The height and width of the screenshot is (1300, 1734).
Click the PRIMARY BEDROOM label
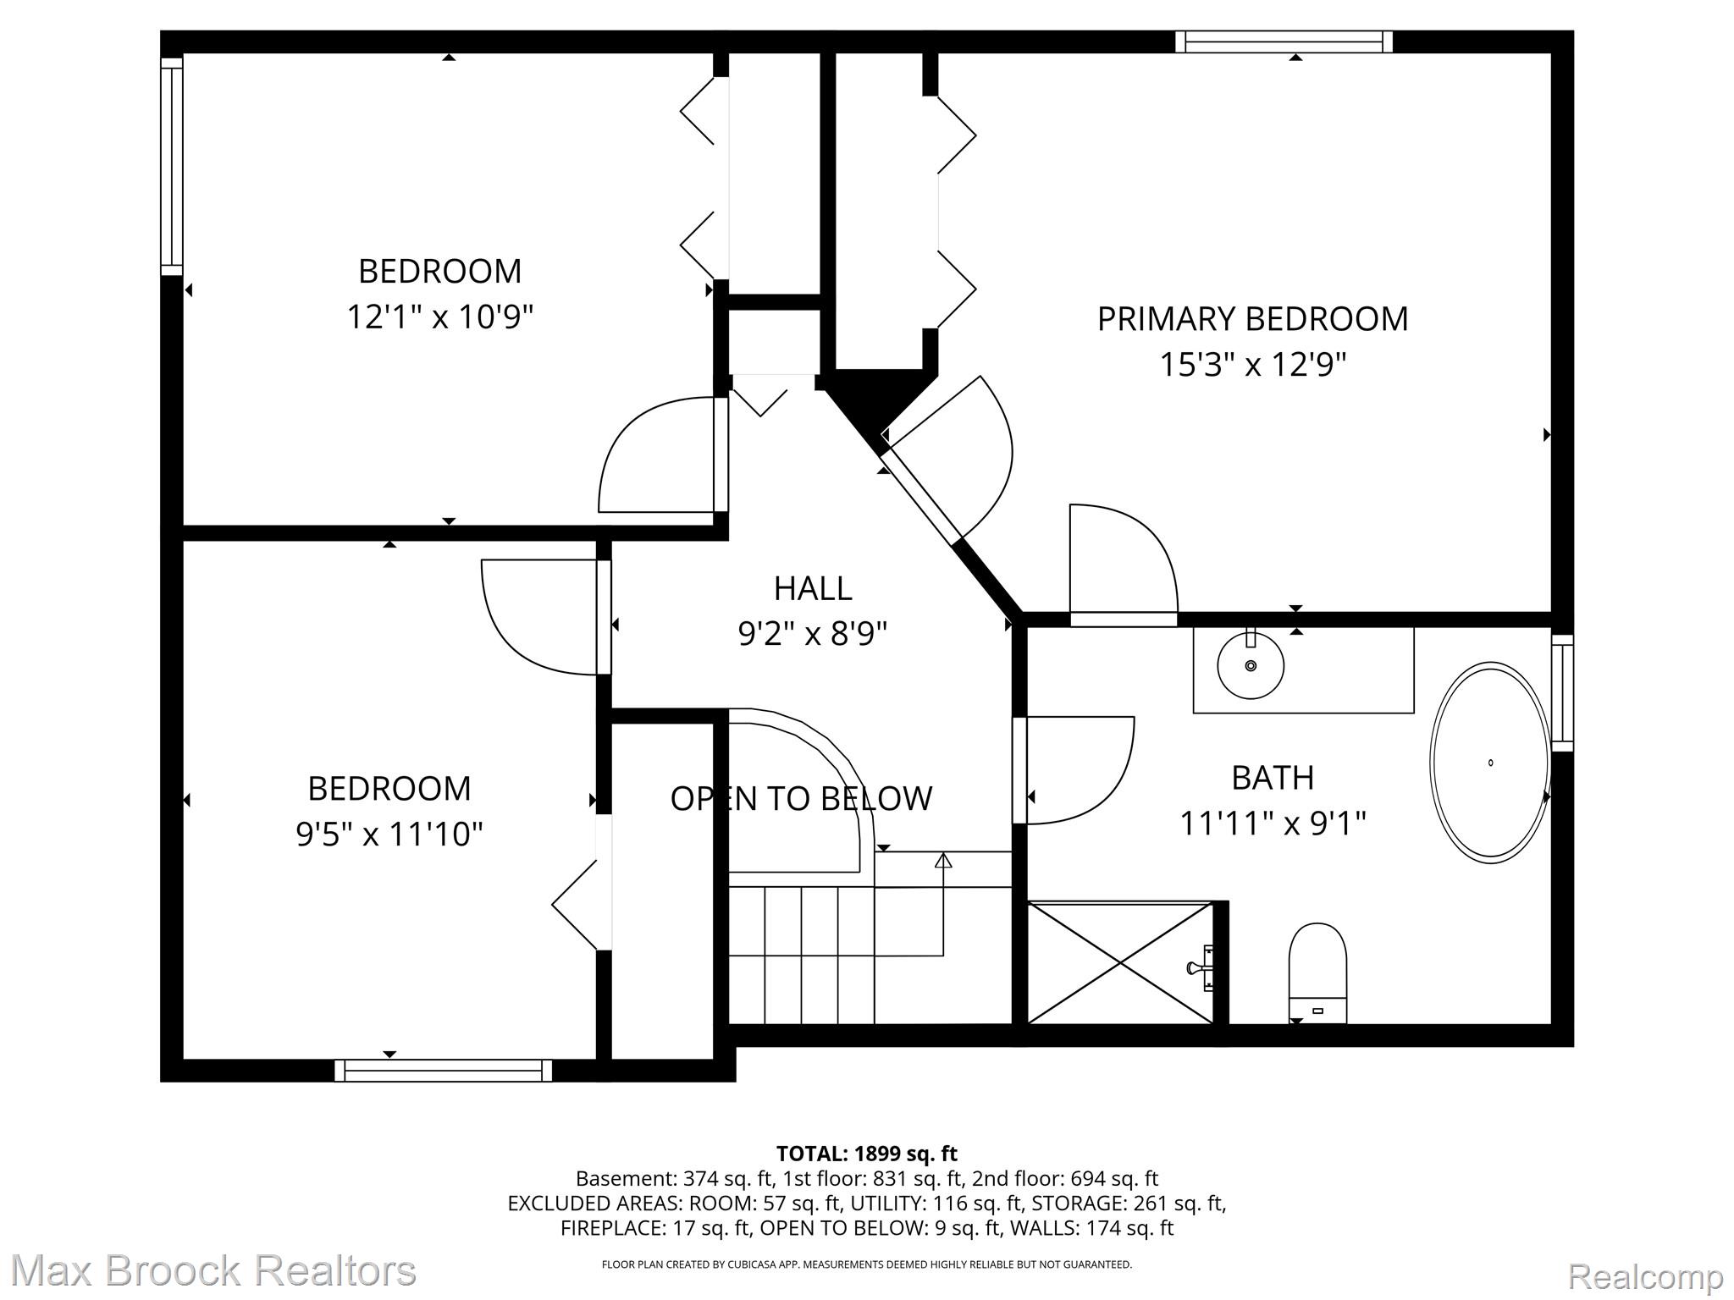[1252, 319]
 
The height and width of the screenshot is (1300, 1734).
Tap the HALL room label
[813, 588]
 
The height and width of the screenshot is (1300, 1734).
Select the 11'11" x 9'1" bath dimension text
[1273, 823]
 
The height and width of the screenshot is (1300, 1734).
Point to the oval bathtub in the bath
[1490, 763]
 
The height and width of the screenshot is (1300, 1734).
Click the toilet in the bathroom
[1317, 972]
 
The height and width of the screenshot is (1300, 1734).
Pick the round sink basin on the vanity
[1251, 665]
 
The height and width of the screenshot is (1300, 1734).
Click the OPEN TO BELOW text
[801, 798]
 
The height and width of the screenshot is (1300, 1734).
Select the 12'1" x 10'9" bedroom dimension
[440, 317]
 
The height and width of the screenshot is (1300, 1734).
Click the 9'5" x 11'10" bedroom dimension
[389, 835]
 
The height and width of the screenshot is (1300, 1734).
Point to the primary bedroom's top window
[1284, 41]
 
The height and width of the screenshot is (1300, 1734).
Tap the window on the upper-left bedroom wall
[172, 166]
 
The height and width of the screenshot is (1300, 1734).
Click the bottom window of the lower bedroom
[444, 1071]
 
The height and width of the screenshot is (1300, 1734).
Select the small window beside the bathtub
[1563, 693]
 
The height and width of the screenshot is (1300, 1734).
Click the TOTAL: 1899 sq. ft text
[867, 1154]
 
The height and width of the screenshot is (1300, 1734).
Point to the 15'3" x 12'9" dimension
[1253, 365]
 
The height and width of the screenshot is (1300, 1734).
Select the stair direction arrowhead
[943, 861]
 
